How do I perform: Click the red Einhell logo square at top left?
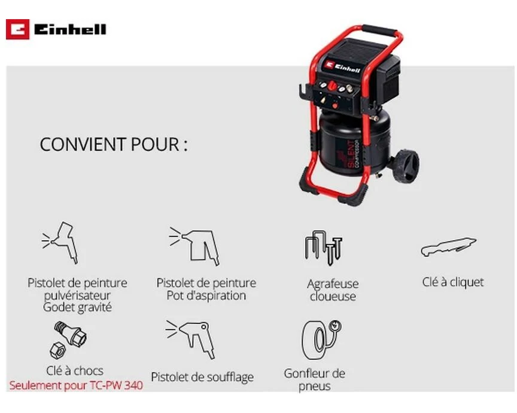(x=17, y=29)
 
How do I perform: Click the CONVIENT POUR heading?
(x=114, y=145)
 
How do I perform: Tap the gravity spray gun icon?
(x=60, y=243)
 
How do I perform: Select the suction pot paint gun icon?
(x=194, y=246)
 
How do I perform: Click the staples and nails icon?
(x=324, y=247)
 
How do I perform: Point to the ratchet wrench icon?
(x=449, y=247)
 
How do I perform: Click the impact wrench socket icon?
(x=68, y=340)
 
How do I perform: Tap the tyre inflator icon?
(x=321, y=339)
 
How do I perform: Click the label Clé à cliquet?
(x=453, y=282)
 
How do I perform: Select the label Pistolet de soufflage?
(x=202, y=377)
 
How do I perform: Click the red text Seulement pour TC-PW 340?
(x=76, y=386)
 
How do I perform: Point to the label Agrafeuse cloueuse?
(x=333, y=290)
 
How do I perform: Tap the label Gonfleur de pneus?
(x=315, y=380)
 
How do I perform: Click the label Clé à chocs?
(x=75, y=371)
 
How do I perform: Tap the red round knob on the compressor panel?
(x=332, y=86)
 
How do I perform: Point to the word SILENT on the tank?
(x=351, y=154)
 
